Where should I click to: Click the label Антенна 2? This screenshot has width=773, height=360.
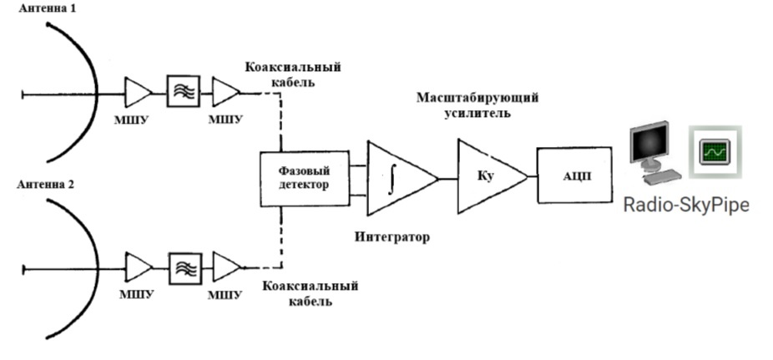[46, 185]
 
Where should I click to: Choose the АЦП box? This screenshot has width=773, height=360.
[577, 176]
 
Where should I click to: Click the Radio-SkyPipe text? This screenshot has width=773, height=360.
[686, 205]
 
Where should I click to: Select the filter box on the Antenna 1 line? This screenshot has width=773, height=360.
[182, 91]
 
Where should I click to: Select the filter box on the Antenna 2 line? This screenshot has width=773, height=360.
[182, 267]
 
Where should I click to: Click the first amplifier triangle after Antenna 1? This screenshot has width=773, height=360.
[138, 91]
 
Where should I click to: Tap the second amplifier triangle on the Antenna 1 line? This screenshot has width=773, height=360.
[225, 91]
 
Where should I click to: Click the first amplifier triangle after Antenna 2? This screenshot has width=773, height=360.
[138, 267]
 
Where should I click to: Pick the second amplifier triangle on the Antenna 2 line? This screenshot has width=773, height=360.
[225, 267]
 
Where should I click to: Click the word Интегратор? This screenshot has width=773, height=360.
[392, 237]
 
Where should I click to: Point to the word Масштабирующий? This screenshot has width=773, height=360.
[477, 98]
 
